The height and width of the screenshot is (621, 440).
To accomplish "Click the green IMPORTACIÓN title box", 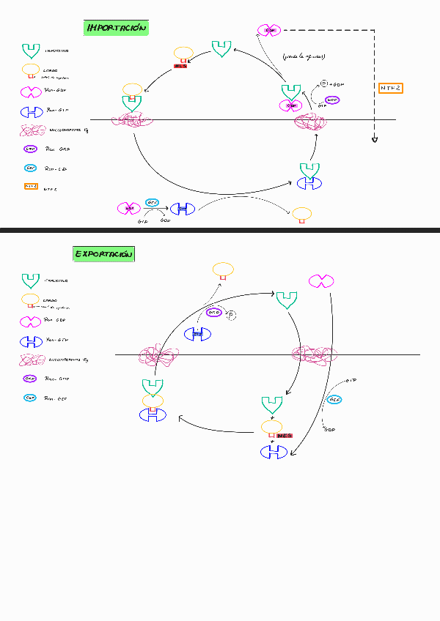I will coord(117,29).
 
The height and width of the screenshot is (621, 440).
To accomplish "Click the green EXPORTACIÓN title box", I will coord(104,254).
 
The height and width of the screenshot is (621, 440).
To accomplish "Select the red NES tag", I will coord(284,435).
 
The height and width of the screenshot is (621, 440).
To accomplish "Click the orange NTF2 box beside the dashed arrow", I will coord(391,88).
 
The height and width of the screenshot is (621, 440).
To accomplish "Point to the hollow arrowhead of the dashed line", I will coord(375,138).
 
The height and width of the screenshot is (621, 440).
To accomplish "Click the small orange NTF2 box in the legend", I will coord(31,187).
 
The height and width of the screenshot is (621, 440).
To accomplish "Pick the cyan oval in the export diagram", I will coord(334,399).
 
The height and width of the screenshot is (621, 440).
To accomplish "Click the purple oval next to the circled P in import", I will coord(332,100).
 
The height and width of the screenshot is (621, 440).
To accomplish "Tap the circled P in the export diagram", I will coord(230,315).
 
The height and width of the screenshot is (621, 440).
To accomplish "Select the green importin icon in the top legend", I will coord(31,51).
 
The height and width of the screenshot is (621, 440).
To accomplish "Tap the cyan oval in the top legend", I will coord(31,168).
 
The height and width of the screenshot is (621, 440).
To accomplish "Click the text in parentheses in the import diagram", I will coord(304,56).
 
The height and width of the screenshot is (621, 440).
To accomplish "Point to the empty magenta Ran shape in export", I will coord(321,280).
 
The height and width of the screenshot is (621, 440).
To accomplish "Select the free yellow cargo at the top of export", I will coord(223,270).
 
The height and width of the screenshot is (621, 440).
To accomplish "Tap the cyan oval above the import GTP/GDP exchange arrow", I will coord(153,202).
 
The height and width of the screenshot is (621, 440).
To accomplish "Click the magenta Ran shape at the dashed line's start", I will coord(269,30).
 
